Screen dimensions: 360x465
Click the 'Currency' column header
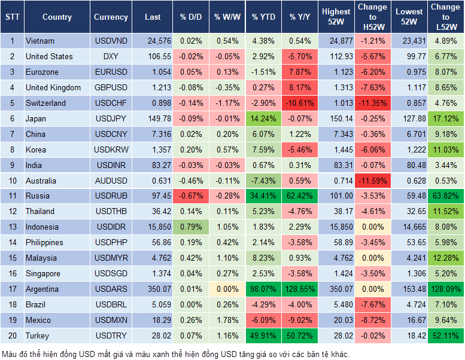point(111,17)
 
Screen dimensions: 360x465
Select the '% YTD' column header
point(263,17)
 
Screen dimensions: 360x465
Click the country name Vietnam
point(40,41)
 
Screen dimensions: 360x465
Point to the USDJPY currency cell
point(111,119)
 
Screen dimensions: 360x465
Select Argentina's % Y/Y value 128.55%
point(301,289)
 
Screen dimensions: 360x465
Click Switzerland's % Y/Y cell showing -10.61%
point(301,103)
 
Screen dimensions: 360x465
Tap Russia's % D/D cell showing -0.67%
point(191,196)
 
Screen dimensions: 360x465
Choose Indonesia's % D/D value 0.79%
point(191,227)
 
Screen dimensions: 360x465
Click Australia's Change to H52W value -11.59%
point(372,181)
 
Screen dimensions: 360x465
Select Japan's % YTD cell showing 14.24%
point(263,119)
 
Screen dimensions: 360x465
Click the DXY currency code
point(111,57)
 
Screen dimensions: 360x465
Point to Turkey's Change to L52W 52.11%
point(445,336)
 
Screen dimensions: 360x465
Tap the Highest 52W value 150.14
point(336,119)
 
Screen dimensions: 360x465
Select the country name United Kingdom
point(53,88)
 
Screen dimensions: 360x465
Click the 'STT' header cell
point(12,17)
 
